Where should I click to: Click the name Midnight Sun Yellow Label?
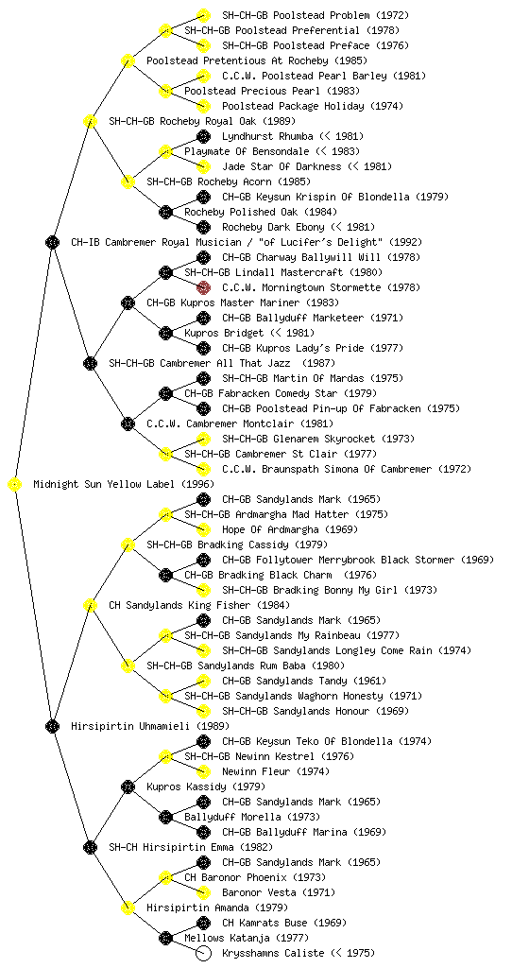(105, 485)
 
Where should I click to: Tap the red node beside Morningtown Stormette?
(203, 287)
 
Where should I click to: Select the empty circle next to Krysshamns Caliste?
(203, 953)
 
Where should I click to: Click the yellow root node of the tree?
(14, 485)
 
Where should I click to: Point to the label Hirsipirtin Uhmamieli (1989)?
(150, 727)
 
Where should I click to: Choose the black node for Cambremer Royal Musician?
(52, 243)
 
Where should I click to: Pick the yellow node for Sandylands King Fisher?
(90, 606)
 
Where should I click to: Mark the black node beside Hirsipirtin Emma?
(90, 848)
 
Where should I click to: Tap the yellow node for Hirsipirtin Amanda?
(128, 908)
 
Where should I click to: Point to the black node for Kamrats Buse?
(203, 923)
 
